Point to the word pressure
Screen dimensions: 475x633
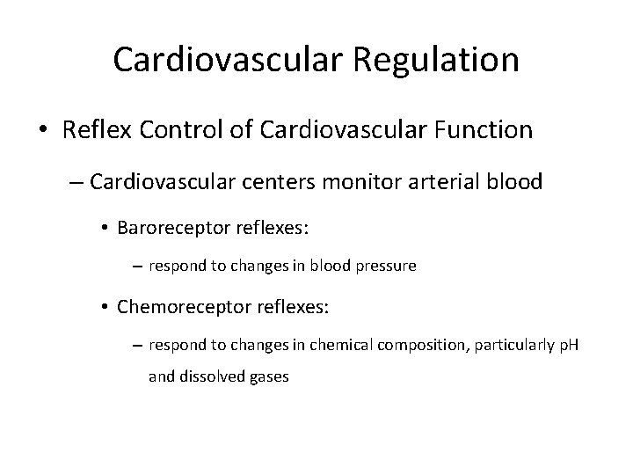point(386,265)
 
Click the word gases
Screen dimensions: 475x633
point(268,377)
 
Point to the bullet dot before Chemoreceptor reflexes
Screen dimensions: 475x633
point(105,308)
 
